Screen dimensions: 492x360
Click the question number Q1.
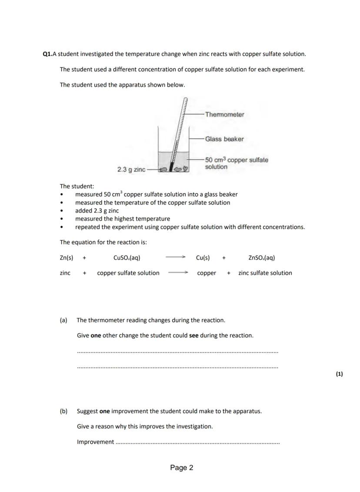[47, 54]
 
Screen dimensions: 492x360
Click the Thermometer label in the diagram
[224, 115]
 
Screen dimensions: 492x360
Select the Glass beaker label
[224, 139]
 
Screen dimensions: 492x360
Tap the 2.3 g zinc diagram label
[131, 169]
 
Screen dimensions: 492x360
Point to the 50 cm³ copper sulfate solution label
[237, 163]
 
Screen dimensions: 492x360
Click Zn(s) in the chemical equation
[67, 258]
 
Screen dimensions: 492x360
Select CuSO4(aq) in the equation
[127, 258]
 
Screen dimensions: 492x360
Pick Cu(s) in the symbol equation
[203, 258]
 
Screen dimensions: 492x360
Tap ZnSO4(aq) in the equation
[261, 258]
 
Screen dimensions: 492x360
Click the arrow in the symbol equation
[176, 258]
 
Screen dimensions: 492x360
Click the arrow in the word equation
[178, 273]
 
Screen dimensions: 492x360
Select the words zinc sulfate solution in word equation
[265, 273]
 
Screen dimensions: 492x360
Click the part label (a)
[63, 320]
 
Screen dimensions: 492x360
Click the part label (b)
[63, 411]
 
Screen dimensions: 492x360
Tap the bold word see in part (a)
[194, 335]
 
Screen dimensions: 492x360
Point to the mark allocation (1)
[339, 374]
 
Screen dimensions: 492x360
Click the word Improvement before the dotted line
[95, 442]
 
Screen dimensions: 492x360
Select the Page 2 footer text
[182, 468]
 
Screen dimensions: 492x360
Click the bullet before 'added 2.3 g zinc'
[62, 211]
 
